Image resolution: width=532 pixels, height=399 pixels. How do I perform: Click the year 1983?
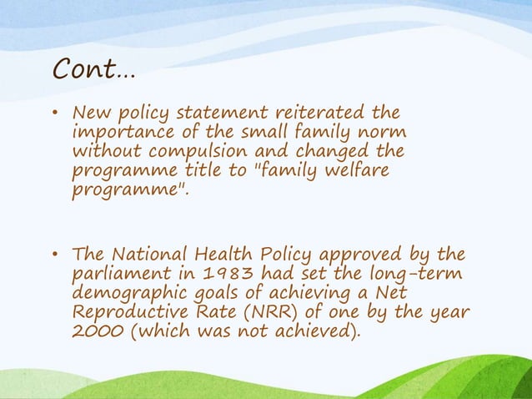click(219, 274)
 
